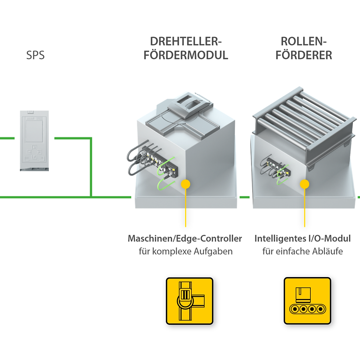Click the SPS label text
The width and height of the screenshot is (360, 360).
36,55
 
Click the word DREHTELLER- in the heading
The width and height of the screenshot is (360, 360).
186,41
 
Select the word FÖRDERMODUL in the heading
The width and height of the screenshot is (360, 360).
186,55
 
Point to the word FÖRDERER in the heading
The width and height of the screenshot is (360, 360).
304,55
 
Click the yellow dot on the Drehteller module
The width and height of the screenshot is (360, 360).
186,184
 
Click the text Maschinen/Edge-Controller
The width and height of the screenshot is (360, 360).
185,239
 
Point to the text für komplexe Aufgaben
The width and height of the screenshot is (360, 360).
186,251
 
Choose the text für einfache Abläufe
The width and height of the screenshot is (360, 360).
302,251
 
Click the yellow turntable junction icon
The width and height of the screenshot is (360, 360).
189,301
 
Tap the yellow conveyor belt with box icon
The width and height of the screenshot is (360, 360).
307,301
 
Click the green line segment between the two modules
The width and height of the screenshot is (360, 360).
245,197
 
